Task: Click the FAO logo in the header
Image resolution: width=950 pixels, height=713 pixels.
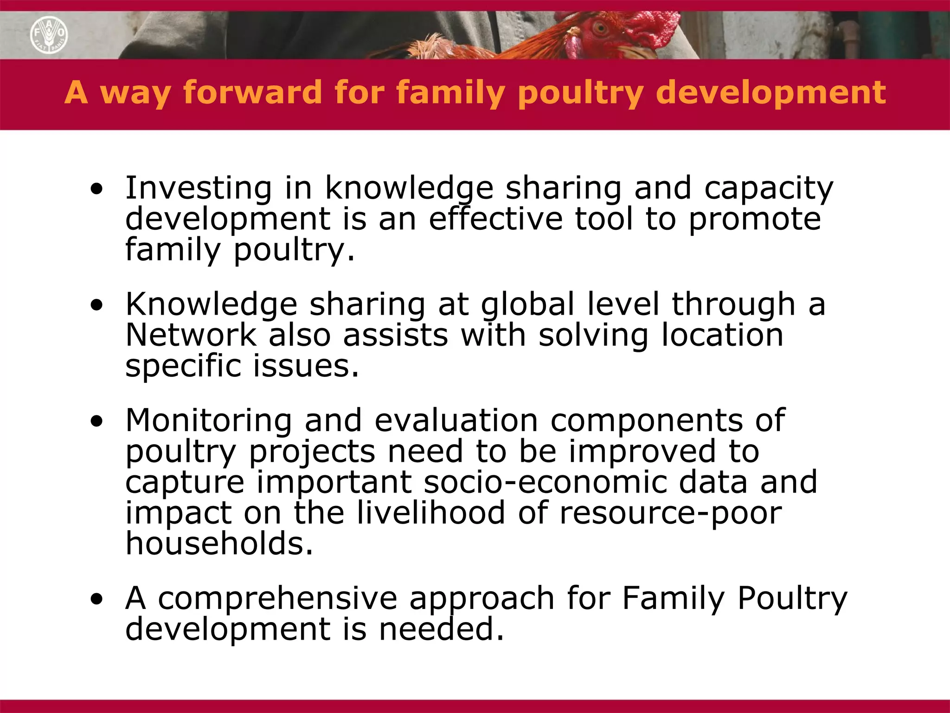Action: coord(49,35)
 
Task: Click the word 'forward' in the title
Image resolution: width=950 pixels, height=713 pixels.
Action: coord(253,91)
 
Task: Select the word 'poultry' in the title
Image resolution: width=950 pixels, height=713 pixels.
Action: coord(580,92)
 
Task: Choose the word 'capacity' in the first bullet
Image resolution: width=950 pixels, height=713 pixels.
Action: coord(769,188)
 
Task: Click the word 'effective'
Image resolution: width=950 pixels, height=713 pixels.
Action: coord(495,219)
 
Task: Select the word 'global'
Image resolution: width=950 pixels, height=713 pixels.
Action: coord(527,305)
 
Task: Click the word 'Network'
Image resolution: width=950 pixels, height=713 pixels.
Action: coord(191,335)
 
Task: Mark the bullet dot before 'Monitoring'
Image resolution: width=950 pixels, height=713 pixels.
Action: coord(96,421)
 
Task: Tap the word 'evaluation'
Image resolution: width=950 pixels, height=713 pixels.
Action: coord(456,421)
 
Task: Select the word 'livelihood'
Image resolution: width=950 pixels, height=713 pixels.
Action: coord(431,512)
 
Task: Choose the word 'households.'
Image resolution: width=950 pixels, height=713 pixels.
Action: coord(219,544)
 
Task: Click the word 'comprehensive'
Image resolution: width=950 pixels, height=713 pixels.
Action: coord(277,598)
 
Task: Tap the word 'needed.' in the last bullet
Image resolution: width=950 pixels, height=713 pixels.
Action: coord(441,629)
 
